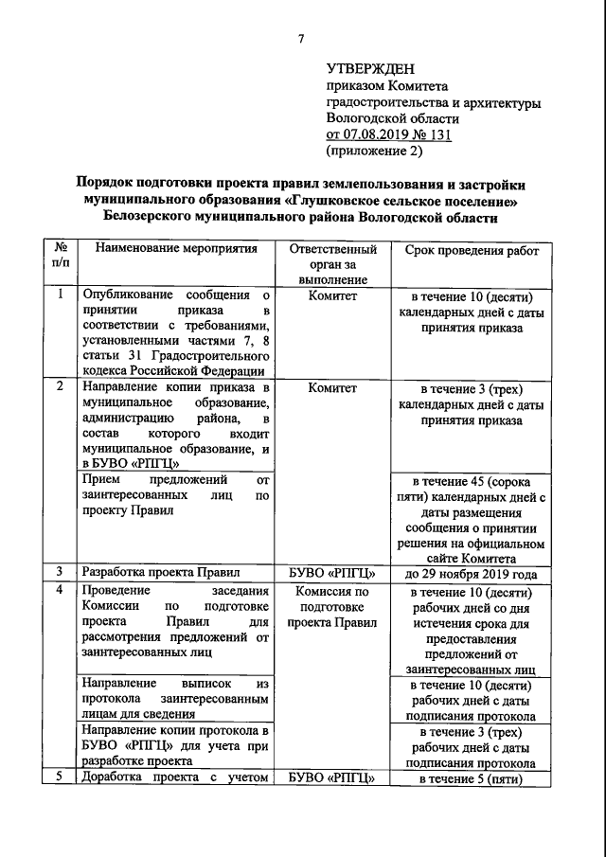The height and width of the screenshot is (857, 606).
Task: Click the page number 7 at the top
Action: coord(301,39)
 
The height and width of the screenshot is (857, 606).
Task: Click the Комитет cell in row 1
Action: coord(331,295)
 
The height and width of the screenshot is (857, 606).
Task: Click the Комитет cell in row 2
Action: coord(331,387)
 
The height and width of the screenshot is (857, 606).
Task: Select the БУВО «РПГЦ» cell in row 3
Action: coord(331,573)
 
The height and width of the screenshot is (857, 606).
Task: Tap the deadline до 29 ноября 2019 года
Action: coord(472,573)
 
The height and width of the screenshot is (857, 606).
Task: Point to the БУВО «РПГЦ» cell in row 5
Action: coord(331,778)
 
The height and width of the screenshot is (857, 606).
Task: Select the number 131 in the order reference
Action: coord(437,134)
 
